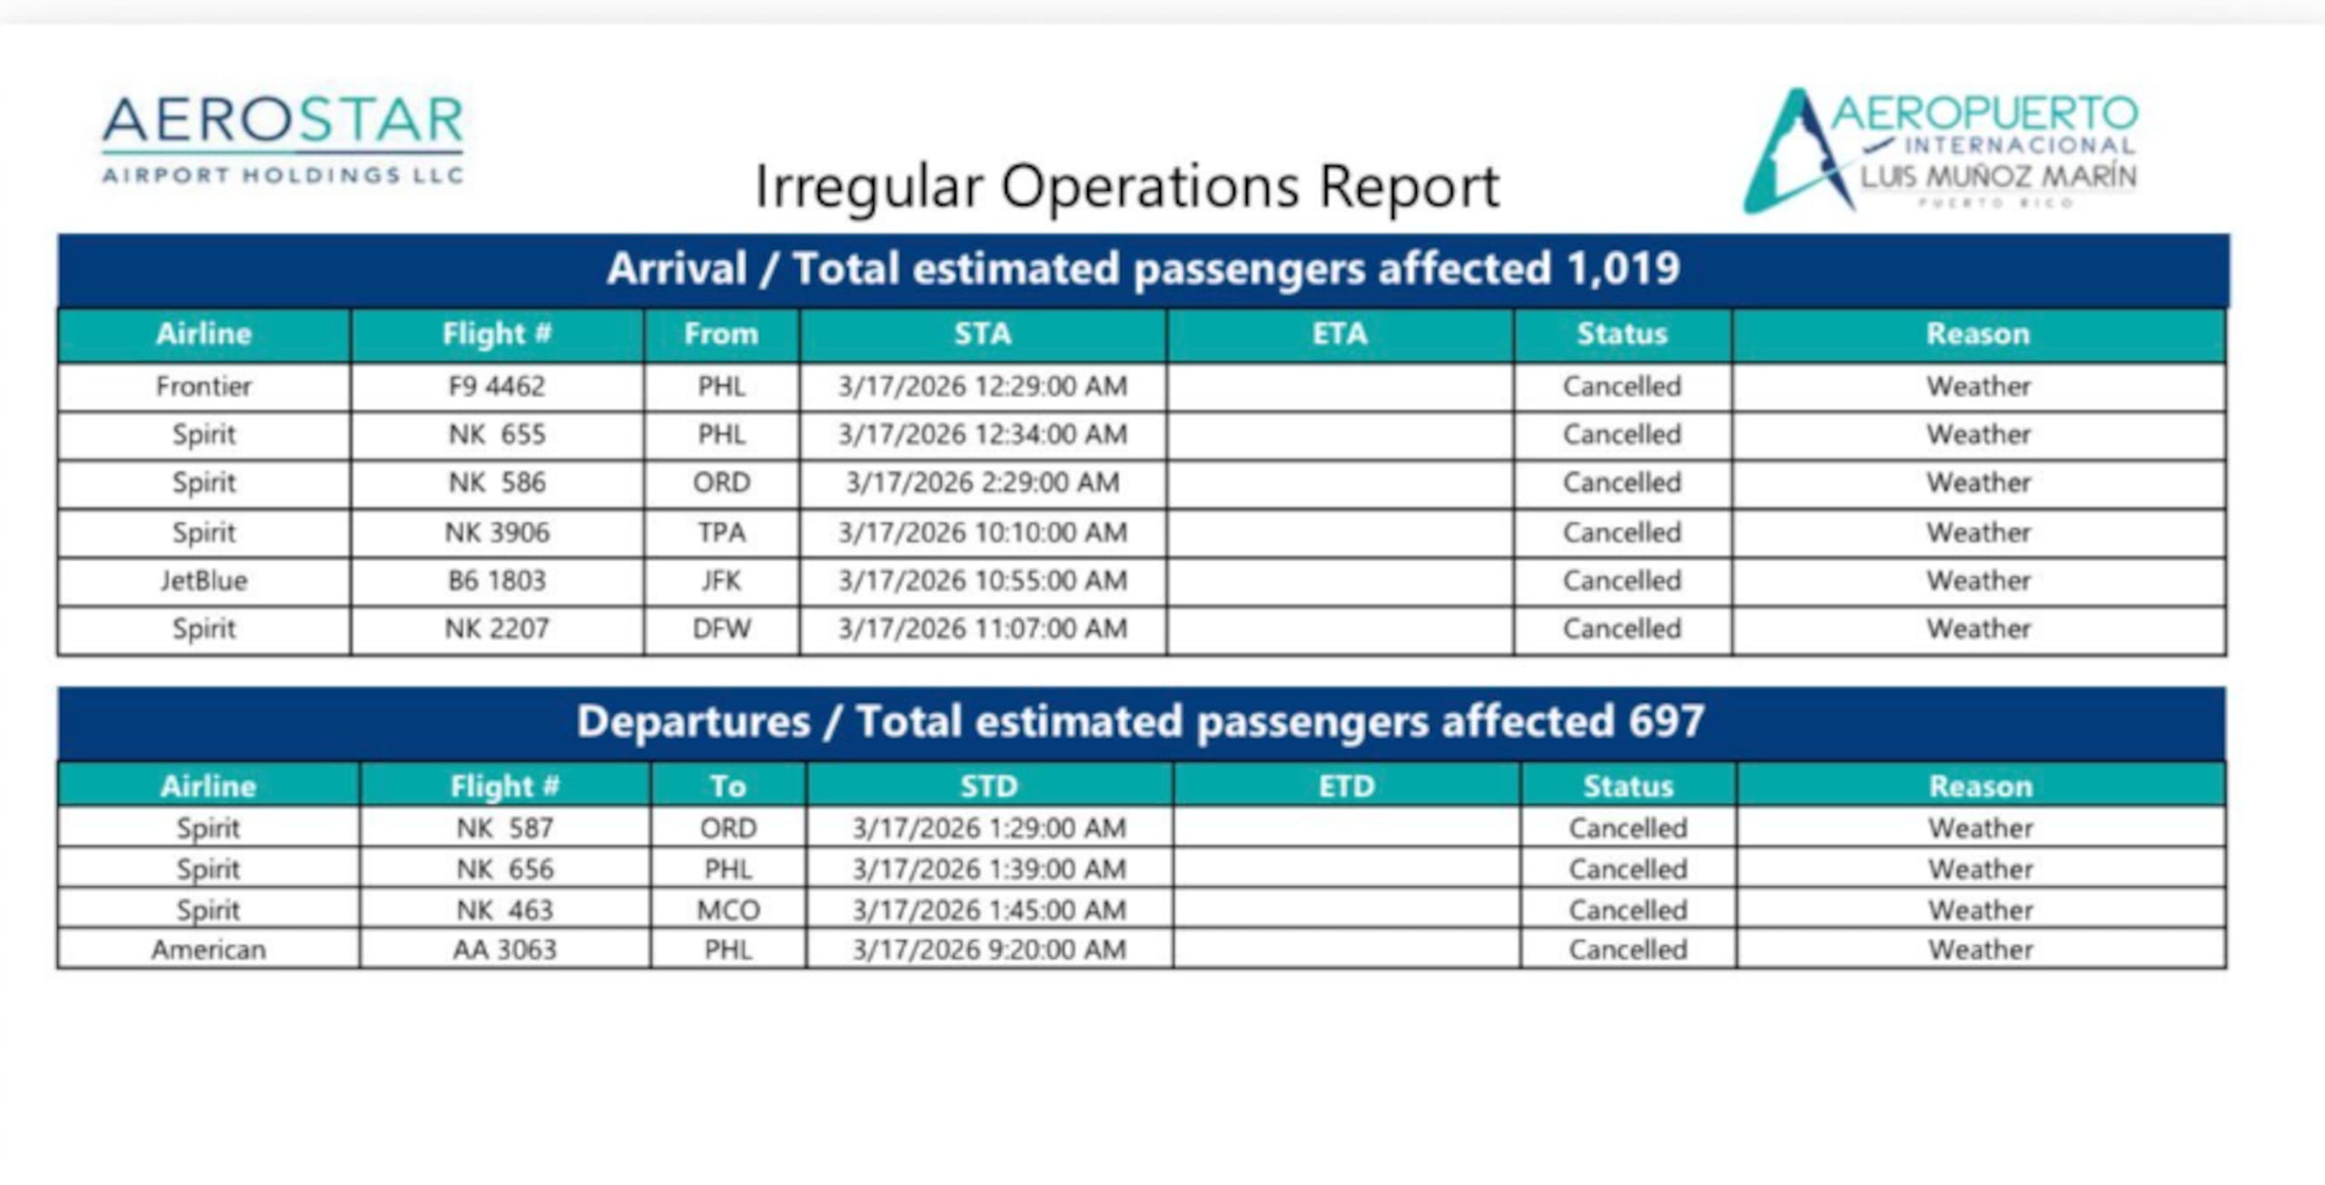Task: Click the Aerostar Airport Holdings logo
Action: click(282, 139)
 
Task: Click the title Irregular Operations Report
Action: click(1126, 187)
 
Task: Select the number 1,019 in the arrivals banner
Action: click(1623, 269)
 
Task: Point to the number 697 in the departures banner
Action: click(1666, 722)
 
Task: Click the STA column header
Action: click(983, 334)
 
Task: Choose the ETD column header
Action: click(1346, 785)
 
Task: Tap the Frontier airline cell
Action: click(203, 387)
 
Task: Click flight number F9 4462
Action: click(497, 387)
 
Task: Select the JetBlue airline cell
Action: click(203, 581)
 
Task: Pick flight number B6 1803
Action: click(497, 581)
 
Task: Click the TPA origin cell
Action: click(721, 532)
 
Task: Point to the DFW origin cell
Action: click(721, 628)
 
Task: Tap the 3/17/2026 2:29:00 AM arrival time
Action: click(983, 483)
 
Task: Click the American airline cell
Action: click(209, 950)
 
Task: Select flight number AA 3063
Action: click(505, 950)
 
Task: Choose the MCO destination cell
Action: click(727, 910)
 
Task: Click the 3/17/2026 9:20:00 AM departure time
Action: click(989, 950)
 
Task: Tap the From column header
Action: click(721, 334)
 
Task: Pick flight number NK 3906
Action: click(497, 532)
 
